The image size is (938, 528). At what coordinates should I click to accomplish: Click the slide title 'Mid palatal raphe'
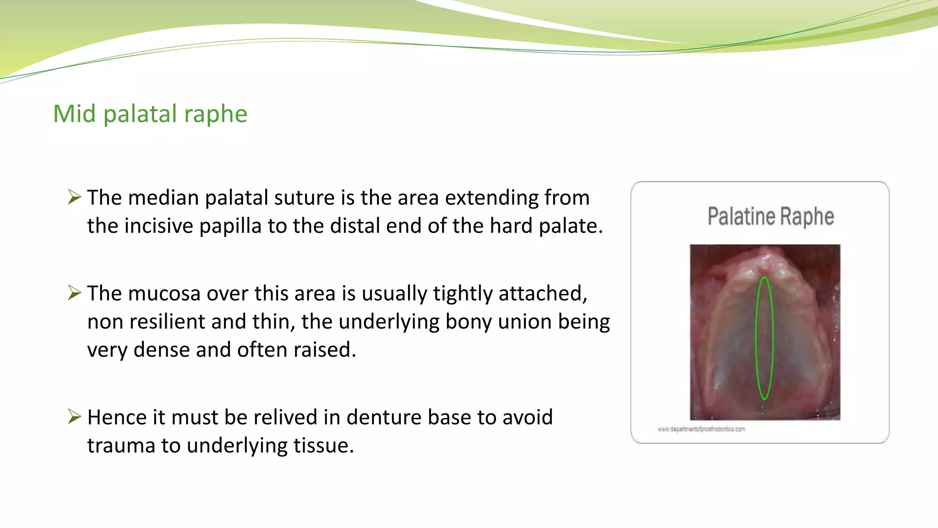click(x=150, y=114)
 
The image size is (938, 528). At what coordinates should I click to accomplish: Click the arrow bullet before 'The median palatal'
click(x=74, y=197)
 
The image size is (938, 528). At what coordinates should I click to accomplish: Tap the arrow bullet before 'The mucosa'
click(x=74, y=292)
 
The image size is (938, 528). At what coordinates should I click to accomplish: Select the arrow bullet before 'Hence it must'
click(x=74, y=417)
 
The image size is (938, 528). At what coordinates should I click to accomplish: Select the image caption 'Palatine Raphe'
click(x=770, y=217)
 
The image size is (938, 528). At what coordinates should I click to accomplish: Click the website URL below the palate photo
click(x=701, y=429)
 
